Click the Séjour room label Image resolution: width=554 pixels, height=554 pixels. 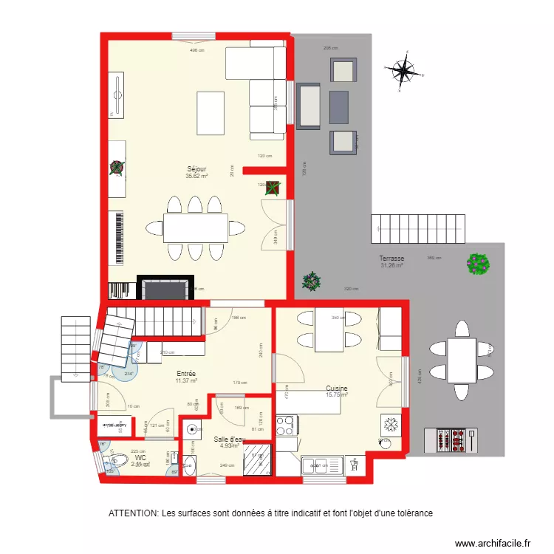click(x=197, y=169)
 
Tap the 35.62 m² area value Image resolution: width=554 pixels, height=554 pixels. click(x=197, y=177)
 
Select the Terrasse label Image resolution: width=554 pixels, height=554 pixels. click(x=392, y=259)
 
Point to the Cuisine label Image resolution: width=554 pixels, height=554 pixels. click(x=336, y=389)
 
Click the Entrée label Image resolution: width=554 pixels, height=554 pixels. click(x=186, y=374)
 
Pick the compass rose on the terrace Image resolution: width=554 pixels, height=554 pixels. click(x=403, y=71)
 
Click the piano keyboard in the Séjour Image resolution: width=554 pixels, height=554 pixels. click(x=117, y=239)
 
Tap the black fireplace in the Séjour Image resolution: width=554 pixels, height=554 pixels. click(x=167, y=287)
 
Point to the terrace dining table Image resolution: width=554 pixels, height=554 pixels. click(x=462, y=360)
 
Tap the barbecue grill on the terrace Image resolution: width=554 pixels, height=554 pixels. click(x=451, y=440)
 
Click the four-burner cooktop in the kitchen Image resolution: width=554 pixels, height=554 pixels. click(x=286, y=425)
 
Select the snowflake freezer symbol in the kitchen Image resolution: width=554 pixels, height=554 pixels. click(x=390, y=425)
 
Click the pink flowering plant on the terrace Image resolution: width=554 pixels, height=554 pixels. click(x=479, y=263)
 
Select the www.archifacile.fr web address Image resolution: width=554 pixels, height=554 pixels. click(x=493, y=543)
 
